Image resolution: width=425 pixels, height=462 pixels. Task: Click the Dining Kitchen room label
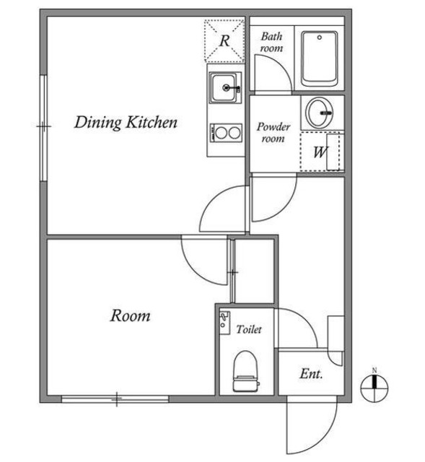point(126,123)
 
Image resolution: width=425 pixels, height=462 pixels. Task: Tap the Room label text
point(130,315)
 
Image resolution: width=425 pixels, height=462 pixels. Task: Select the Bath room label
point(271,42)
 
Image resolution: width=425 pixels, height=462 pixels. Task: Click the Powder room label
point(273,133)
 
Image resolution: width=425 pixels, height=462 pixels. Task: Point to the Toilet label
point(249,329)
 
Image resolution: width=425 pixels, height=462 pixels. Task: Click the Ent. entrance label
point(310,375)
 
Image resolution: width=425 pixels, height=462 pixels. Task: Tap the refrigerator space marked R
point(224,40)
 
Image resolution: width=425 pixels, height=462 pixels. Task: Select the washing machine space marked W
point(320,152)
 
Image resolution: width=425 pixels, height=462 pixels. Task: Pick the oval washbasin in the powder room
point(320,112)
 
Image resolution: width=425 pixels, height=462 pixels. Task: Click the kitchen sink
point(225,90)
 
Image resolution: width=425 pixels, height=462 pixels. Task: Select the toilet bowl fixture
point(245,368)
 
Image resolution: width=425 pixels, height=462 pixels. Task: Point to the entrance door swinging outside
point(312,427)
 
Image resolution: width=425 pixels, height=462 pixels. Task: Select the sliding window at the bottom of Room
point(115,398)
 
